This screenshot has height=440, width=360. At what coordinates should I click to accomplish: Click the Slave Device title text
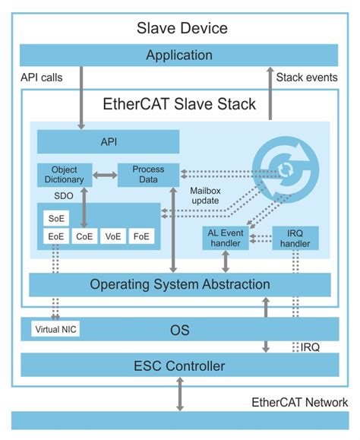point(182,29)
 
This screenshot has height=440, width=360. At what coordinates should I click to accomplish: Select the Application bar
point(179,55)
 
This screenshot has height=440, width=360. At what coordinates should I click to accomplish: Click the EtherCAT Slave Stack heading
point(179,104)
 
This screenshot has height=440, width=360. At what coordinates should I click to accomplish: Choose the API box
point(109,141)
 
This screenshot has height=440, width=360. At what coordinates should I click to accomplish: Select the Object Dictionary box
point(64,174)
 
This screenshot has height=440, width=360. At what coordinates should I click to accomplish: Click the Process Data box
point(148,174)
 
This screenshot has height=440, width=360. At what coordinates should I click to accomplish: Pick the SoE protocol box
point(55,219)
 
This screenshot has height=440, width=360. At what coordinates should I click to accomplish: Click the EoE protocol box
point(55,237)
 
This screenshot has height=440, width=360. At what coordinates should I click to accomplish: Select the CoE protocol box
point(84,237)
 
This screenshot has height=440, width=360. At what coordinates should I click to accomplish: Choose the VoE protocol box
point(112,237)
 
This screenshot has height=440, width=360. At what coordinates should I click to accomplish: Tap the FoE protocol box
point(141,237)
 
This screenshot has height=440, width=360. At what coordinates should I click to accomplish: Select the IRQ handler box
point(295,238)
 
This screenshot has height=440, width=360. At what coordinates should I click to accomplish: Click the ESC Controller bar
point(179,366)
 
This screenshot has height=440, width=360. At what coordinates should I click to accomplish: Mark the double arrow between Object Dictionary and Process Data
point(104,174)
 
